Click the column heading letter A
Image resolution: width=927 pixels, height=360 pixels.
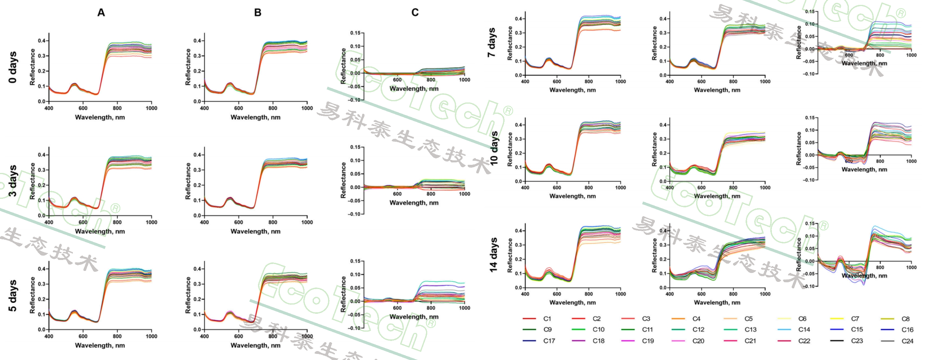101,13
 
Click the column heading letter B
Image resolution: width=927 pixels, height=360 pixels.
258,13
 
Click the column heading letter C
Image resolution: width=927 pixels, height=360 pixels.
415,13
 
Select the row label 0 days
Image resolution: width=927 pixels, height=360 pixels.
13,67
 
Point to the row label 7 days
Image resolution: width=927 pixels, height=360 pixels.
492,43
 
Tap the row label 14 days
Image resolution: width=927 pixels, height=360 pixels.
493,255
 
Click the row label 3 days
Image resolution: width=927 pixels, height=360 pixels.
13,181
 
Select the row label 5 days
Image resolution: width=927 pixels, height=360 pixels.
13,296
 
